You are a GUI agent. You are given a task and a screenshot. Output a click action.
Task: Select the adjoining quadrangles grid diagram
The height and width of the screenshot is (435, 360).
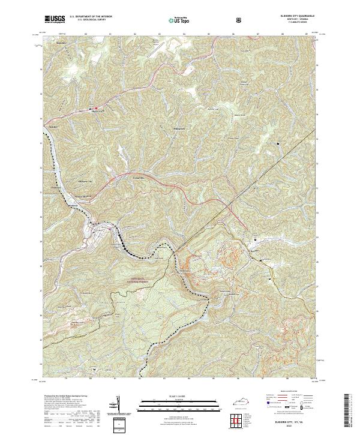coord(239,420)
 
